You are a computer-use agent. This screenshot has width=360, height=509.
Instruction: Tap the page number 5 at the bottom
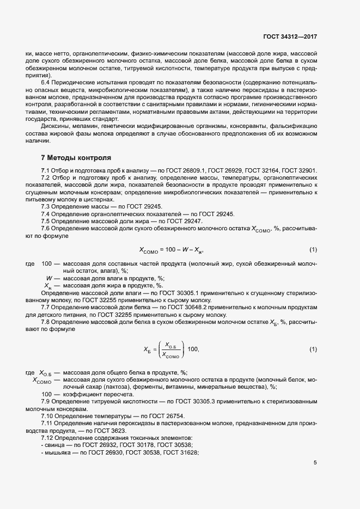(315, 463)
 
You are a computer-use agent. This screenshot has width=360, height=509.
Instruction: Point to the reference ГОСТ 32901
(299, 171)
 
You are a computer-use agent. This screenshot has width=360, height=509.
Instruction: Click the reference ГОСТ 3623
(111, 430)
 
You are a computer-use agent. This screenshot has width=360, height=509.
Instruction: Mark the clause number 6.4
(46, 82)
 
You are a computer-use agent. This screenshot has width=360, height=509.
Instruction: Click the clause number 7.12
(49, 437)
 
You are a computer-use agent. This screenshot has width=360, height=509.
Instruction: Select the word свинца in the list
(56, 444)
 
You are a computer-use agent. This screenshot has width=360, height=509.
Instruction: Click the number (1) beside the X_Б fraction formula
(313, 348)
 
